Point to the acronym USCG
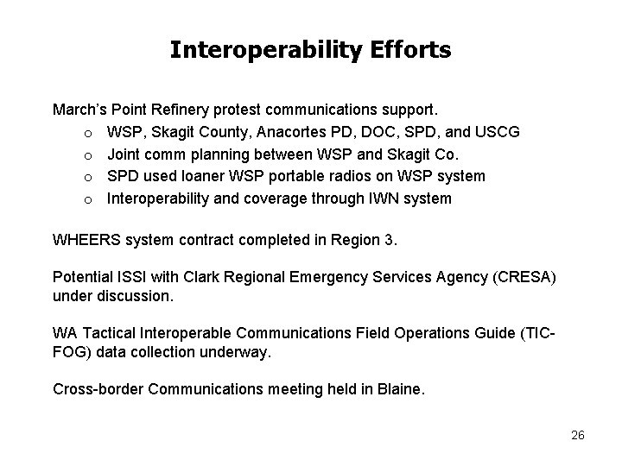coord(496,132)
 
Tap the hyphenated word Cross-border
coord(98,389)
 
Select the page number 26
coord(578,435)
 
